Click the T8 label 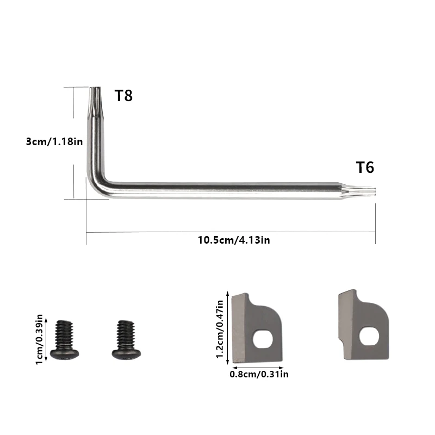123,96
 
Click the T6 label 365,167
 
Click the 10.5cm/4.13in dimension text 233,240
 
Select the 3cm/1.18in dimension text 54,141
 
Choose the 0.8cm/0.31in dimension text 259,374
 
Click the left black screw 65,339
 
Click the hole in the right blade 371,336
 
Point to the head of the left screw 65,353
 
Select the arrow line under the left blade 259,367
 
